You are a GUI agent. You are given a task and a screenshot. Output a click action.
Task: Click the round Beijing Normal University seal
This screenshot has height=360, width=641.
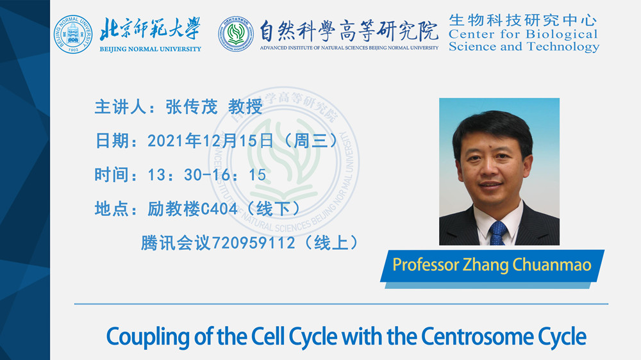tap(73, 35)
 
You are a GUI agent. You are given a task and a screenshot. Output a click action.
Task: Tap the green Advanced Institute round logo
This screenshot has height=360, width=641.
tap(236, 34)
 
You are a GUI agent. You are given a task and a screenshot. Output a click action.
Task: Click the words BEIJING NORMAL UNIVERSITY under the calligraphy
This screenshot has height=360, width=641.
tap(151, 49)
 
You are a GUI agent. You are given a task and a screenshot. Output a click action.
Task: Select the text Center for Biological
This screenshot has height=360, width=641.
tap(523, 34)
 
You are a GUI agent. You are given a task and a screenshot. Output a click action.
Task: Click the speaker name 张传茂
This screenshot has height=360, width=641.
tap(191, 107)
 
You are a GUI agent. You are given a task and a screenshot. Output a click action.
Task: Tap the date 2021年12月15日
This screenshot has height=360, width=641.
tap(210, 141)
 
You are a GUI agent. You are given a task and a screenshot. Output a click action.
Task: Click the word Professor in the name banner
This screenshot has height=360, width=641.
tap(426, 265)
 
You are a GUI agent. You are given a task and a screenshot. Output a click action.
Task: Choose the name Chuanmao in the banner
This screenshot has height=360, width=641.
tap(552, 265)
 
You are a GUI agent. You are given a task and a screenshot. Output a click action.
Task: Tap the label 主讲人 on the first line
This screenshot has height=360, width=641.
tap(121, 107)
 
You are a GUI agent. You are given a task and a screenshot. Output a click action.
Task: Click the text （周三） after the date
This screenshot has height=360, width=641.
tap(311, 141)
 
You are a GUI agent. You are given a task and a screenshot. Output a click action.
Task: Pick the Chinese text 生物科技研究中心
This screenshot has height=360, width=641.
tap(523, 20)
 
